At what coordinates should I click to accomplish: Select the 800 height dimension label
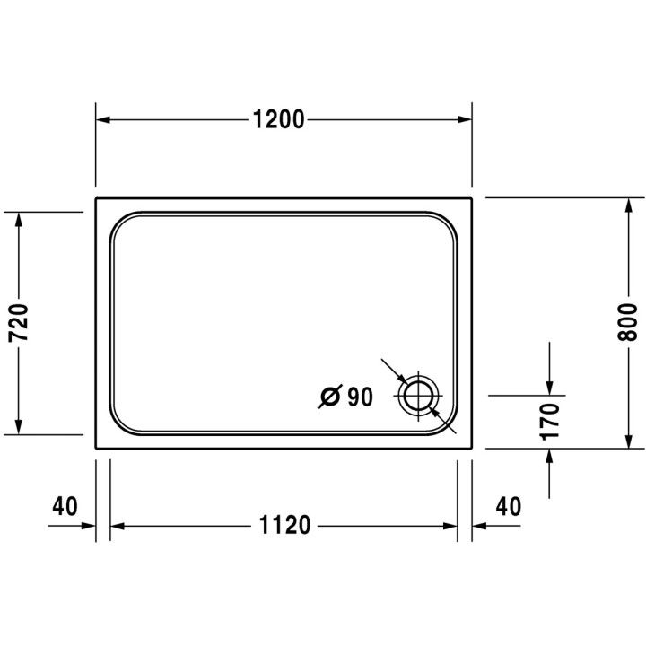coord(628,322)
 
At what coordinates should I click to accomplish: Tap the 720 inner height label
coord(18,322)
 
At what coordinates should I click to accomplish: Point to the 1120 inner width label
coord(284,526)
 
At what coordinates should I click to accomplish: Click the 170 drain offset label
coord(550,421)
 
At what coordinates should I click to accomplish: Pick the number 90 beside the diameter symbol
coord(359,396)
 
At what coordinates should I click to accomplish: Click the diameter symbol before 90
coord(329,396)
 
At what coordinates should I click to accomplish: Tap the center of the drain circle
coord(419,396)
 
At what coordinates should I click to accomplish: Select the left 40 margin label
coord(65,506)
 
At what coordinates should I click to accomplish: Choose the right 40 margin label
coord(508,506)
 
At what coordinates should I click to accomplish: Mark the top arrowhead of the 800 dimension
coord(628,205)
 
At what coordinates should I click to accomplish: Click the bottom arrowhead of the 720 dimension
coord(18,426)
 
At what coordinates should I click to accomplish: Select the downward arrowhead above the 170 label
coord(550,388)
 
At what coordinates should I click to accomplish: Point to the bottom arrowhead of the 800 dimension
coord(628,441)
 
